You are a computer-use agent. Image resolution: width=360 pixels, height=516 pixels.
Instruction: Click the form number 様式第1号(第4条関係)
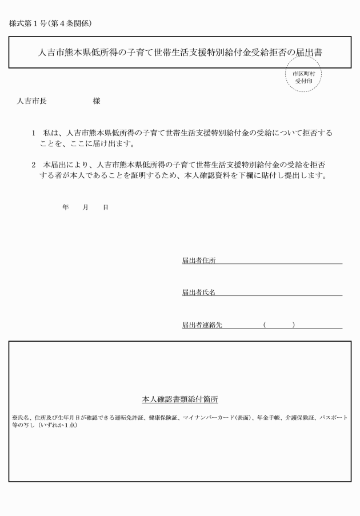(x=50, y=23)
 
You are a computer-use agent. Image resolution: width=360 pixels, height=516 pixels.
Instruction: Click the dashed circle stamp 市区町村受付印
(x=303, y=78)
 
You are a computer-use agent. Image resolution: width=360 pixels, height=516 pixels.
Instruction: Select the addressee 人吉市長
(x=33, y=101)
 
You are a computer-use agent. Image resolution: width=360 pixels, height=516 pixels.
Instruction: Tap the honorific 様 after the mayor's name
(x=96, y=101)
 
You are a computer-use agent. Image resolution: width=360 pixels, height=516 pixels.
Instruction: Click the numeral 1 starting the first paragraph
(x=34, y=133)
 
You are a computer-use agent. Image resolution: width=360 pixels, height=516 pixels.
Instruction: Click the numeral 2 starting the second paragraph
(x=34, y=165)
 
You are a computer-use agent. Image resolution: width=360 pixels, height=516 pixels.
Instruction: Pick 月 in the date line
(x=85, y=207)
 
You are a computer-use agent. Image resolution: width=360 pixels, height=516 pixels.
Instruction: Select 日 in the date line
(x=105, y=207)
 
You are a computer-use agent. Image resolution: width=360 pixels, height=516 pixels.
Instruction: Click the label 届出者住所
(x=199, y=261)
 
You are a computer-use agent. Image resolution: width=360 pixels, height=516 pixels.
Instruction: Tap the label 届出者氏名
(x=199, y=293)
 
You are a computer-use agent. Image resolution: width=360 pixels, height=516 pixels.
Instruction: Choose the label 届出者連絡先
(x=202, y=325)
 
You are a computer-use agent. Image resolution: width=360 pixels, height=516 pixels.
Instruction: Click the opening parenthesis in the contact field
(x=265, y=325)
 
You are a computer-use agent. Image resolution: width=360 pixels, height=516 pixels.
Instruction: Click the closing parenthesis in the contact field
(x=293, y=325)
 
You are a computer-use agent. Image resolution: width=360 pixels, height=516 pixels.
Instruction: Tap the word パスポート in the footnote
(x=333, y=418)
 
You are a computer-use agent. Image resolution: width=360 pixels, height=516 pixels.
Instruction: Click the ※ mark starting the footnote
(x=14, y=418)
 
